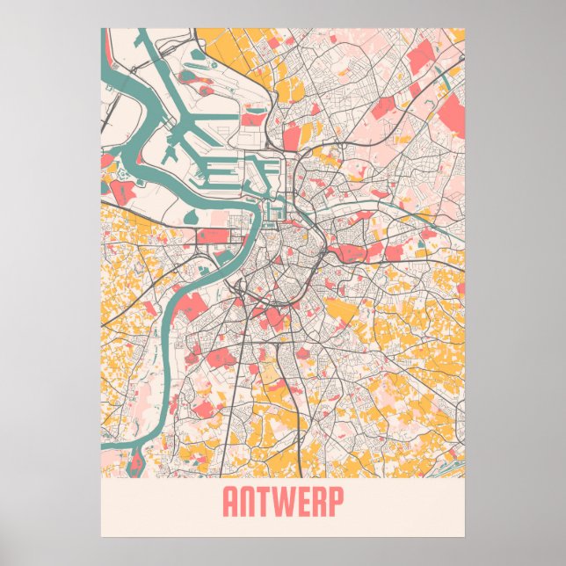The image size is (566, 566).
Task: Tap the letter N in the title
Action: coord(250,502)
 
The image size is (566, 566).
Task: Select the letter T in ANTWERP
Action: coord(269,502)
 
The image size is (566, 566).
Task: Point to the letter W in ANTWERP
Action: coord(287,502)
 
